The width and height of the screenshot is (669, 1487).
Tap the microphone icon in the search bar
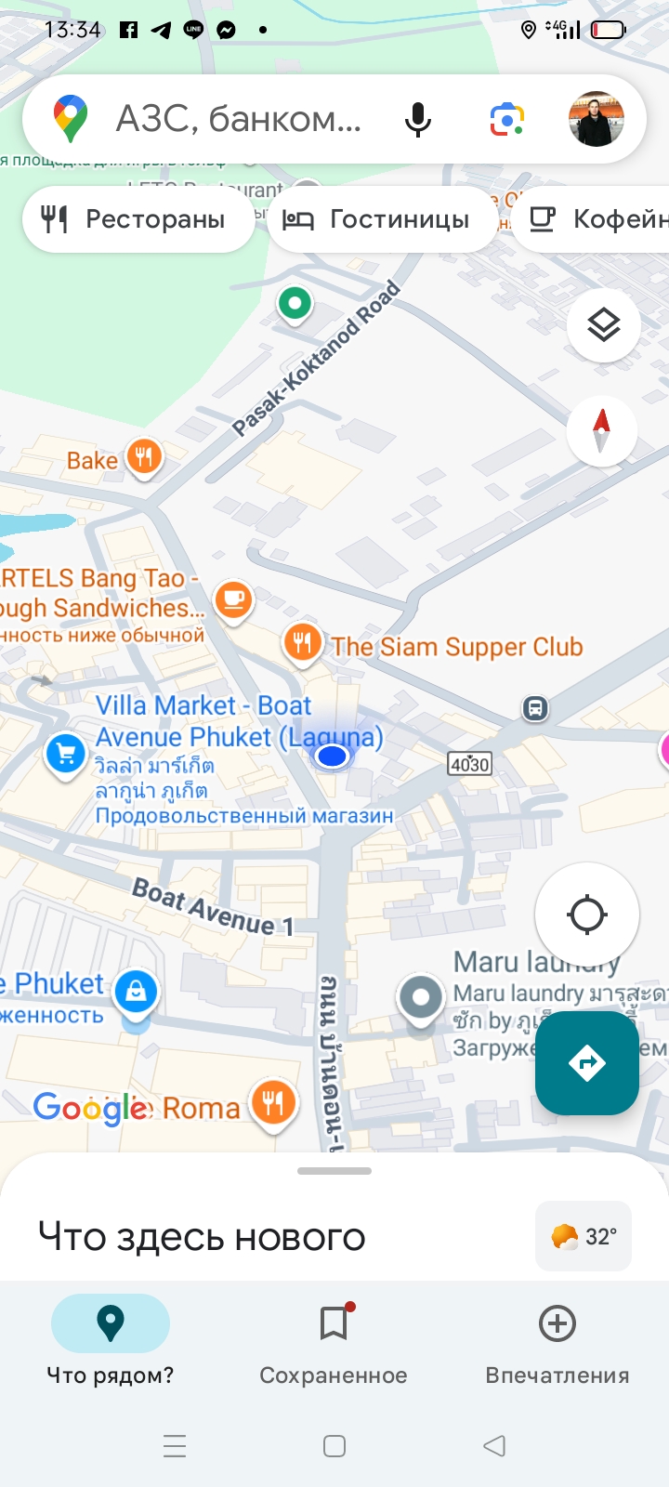(x=418, y=120)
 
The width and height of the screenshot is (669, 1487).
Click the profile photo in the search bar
(x=596, y=119)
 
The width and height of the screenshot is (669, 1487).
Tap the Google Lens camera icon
(x=507, y=120)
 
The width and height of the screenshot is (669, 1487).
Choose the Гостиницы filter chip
(x=382, y=219)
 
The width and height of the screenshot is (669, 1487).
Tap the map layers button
(x=603, y=325)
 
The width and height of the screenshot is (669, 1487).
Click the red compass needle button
(x=601, y=430)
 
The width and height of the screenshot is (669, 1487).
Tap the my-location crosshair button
(x=586, y=914)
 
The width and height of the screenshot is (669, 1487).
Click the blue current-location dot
(x=332, y=757)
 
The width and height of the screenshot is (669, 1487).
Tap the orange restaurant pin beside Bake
(x=144, y=457)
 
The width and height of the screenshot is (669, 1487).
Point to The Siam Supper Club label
(x=457, y=647)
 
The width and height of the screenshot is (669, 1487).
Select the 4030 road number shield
(x=469, y=764)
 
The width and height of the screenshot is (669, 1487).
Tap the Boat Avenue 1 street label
(x=213, y=906)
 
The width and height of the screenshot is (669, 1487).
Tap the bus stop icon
(x=535, y=708)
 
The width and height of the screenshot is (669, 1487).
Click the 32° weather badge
(x=584, y=1236)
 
